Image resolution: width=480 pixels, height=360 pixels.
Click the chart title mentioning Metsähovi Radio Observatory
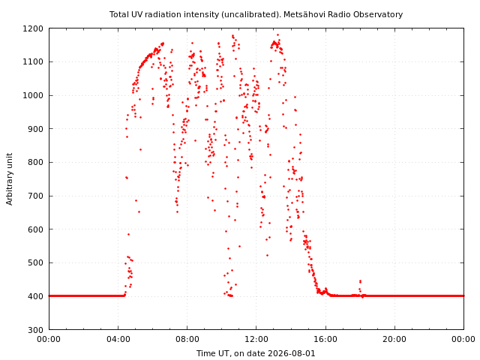coord(256,14)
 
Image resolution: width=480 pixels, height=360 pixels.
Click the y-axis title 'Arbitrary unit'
coord(10,179)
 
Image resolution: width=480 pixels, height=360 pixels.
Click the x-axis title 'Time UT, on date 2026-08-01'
coord(256,353)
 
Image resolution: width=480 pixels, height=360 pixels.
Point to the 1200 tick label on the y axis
coord(33,28)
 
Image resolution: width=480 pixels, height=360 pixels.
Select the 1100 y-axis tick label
coord(33,61)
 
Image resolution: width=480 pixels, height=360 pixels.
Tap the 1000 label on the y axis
coord(33,95)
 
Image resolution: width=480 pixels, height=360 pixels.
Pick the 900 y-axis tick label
coord(35,129)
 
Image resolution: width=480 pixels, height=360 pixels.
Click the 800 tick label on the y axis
coord(35,162)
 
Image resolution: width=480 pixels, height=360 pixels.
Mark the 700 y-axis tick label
coord(35,196)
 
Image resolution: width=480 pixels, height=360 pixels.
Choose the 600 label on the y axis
coord(35,229)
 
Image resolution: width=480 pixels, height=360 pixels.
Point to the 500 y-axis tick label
coord(35,262)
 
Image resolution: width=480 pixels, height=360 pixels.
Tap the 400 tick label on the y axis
coord(35,296)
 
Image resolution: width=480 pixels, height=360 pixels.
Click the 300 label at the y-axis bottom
coord(35,330)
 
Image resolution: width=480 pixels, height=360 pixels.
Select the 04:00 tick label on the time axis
coord(118,339)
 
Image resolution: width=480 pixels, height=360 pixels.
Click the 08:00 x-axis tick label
coord(187,339)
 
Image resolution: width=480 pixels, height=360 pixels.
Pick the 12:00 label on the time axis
coord(256,339)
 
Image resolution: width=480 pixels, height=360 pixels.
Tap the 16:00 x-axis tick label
coord(325,339)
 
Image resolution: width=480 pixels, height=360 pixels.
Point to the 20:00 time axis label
coord(395,339)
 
